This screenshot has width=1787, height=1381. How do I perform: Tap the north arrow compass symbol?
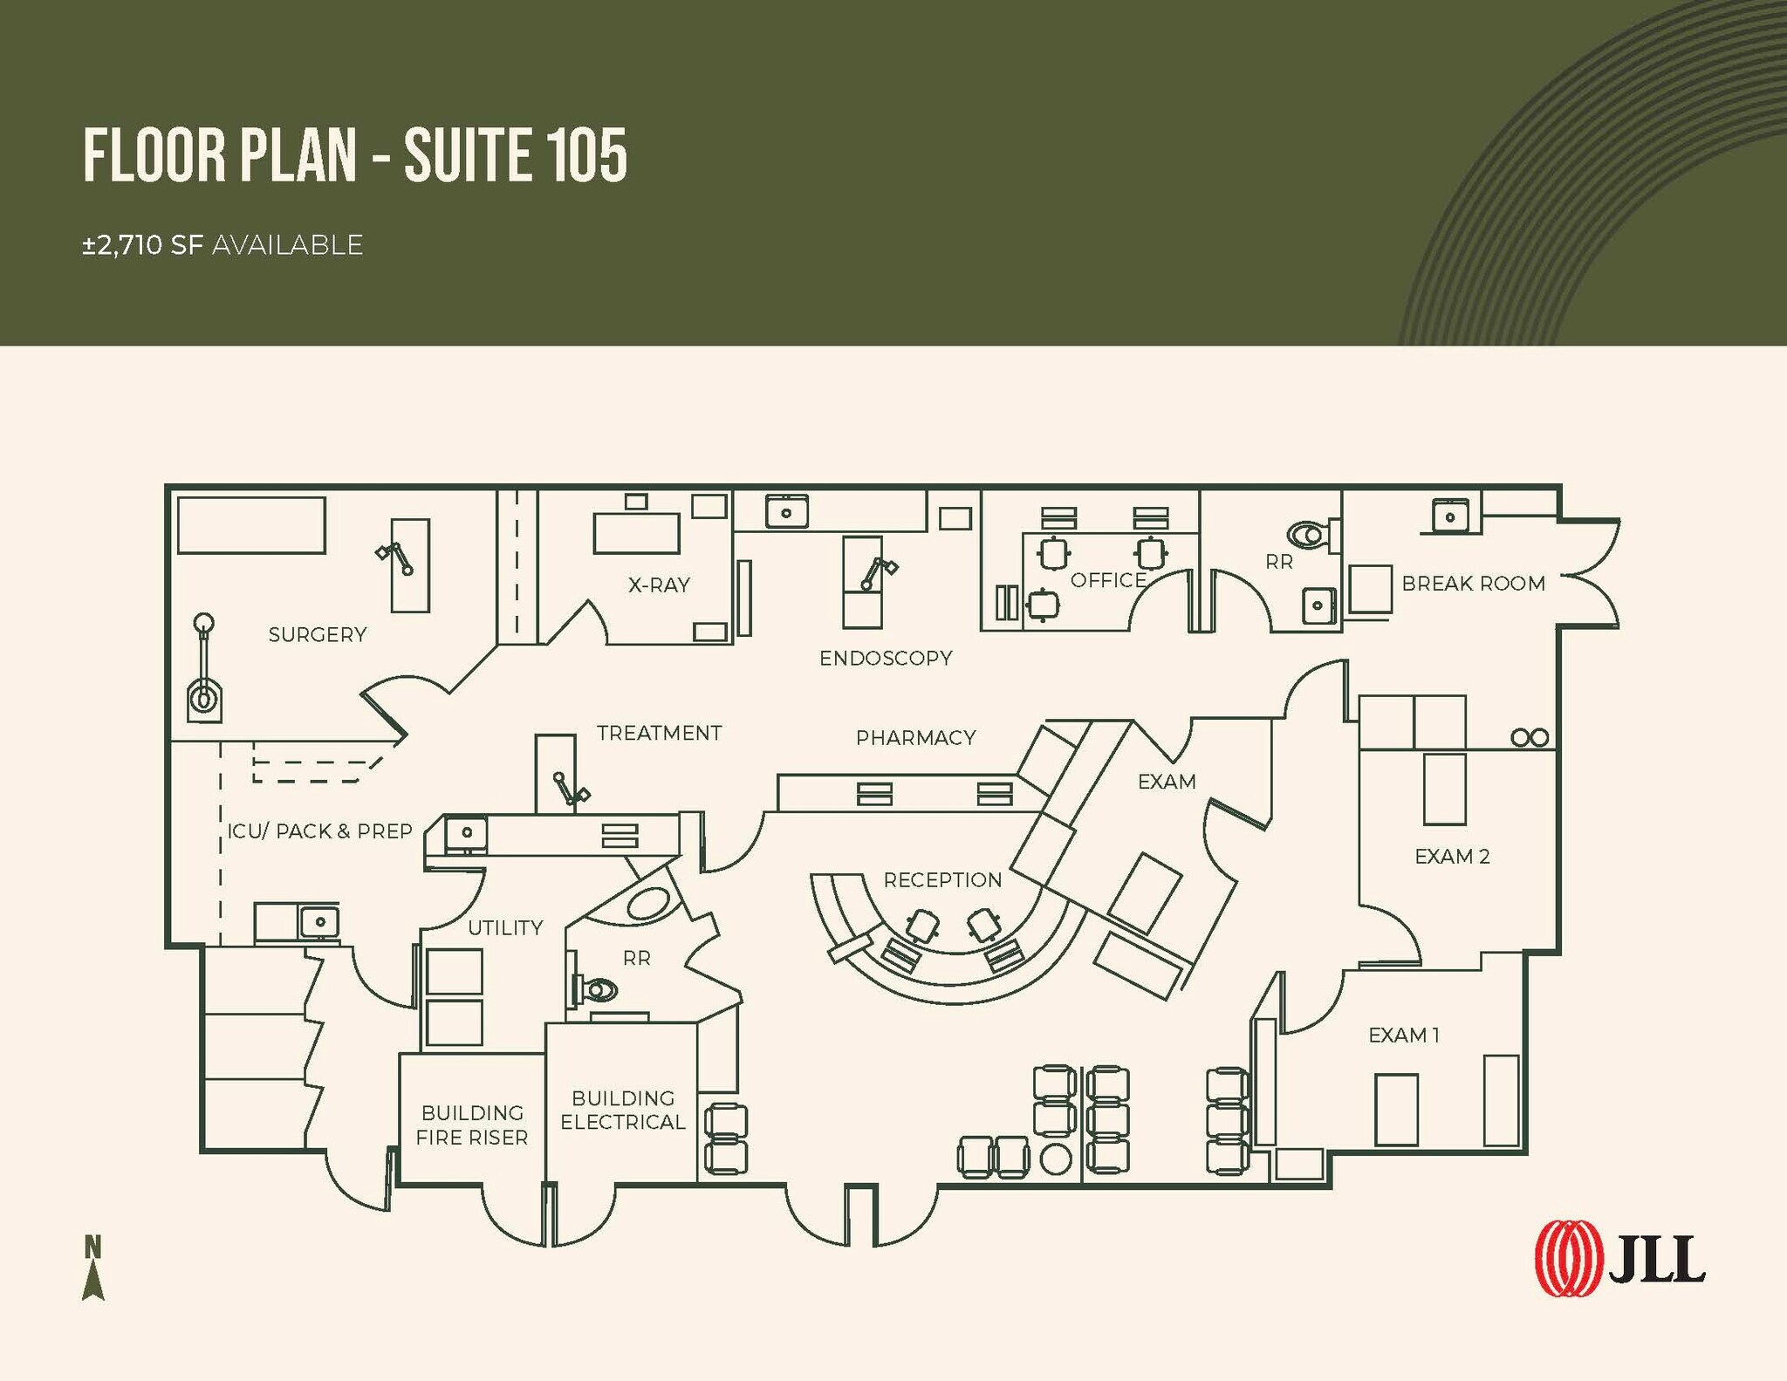93,1268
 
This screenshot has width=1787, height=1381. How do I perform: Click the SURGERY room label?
318,635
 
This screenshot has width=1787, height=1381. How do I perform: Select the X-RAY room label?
659,585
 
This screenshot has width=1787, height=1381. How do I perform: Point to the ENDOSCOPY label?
886,659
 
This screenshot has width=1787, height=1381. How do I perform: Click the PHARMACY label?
915,738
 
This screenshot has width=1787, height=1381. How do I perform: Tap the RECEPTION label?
942,880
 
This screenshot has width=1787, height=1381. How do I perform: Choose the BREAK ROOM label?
1473,584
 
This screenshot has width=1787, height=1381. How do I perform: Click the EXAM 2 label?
1452,857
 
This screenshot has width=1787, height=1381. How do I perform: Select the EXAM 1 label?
1404,1036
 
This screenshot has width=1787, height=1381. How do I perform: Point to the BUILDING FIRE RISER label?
472,1125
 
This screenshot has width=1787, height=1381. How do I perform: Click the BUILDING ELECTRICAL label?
623,1110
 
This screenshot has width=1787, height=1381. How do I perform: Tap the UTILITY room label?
505,928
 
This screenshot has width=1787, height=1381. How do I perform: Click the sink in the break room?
1450,516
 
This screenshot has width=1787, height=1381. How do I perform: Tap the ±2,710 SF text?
143,245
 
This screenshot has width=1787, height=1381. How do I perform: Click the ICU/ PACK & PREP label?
319,831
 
